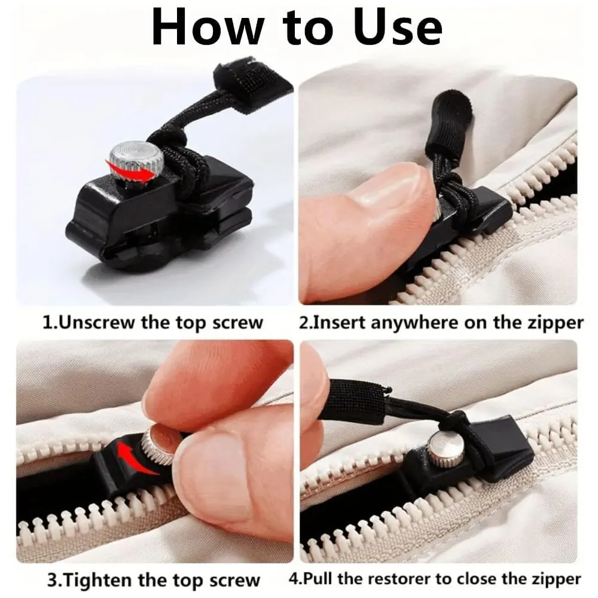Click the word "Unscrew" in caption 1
(x=96, y=323)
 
